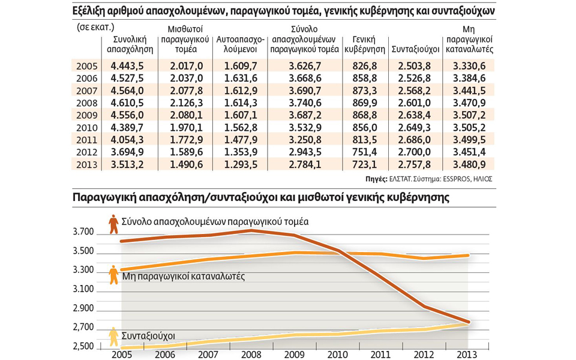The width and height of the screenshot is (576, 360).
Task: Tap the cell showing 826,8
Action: click(x=364, y=65)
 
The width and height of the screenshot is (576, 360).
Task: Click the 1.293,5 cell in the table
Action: click(x=239, y=164)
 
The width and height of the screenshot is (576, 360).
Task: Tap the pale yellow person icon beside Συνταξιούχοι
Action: click(x=113, y=337)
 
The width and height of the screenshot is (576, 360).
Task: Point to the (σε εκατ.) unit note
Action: click(x=95, y=27)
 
